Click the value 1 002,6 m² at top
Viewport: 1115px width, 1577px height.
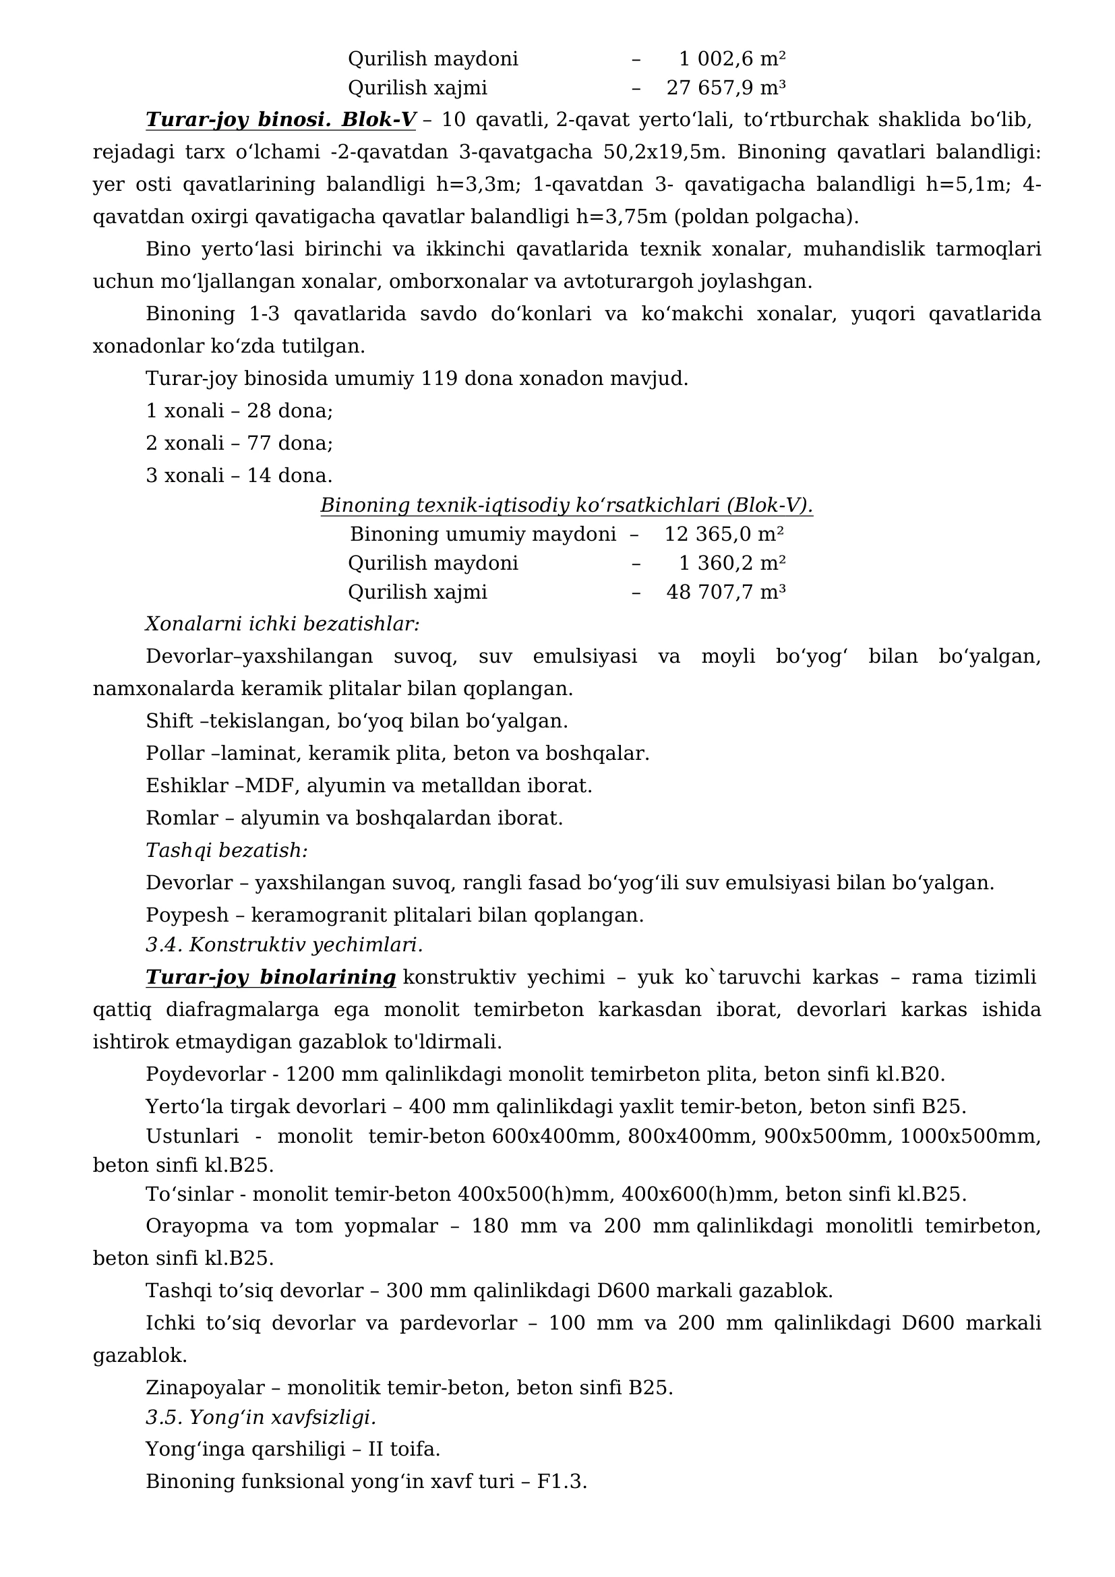[x=732, y=59]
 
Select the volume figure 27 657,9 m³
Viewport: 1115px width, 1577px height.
[x=726, y=88]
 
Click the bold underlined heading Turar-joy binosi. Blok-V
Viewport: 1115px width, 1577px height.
[x=280, y=119]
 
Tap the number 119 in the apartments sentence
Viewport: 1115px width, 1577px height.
[x=439, y=378]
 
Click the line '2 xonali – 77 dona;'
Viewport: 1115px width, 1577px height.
[x=239, y=443]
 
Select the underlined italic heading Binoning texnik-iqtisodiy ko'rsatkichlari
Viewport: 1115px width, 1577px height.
[x=566, y=506]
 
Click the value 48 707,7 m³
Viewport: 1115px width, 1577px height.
[x=726, y=592]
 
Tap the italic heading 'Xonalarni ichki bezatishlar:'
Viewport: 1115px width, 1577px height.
[x=282, y=624]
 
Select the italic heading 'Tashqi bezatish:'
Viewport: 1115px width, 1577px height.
[x=227, y=850]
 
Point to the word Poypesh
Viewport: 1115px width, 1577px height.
[x=187, y=915]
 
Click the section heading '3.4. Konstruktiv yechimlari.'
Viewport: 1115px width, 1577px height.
[x=284, y=945]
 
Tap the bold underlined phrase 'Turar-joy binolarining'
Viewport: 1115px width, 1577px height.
[x=270, y=977]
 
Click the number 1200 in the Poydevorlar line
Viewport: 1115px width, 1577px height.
[x=309, y=1074]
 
